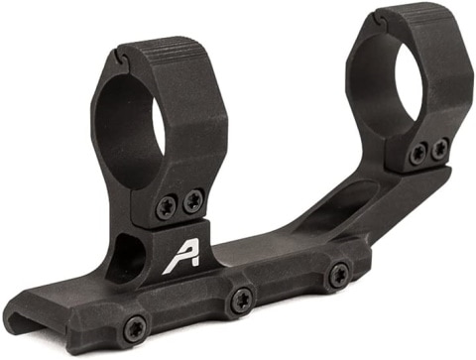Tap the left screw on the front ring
point(166,207)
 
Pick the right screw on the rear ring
point(439,148)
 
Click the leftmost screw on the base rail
point(134,326)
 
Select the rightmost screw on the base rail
point(339,275)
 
